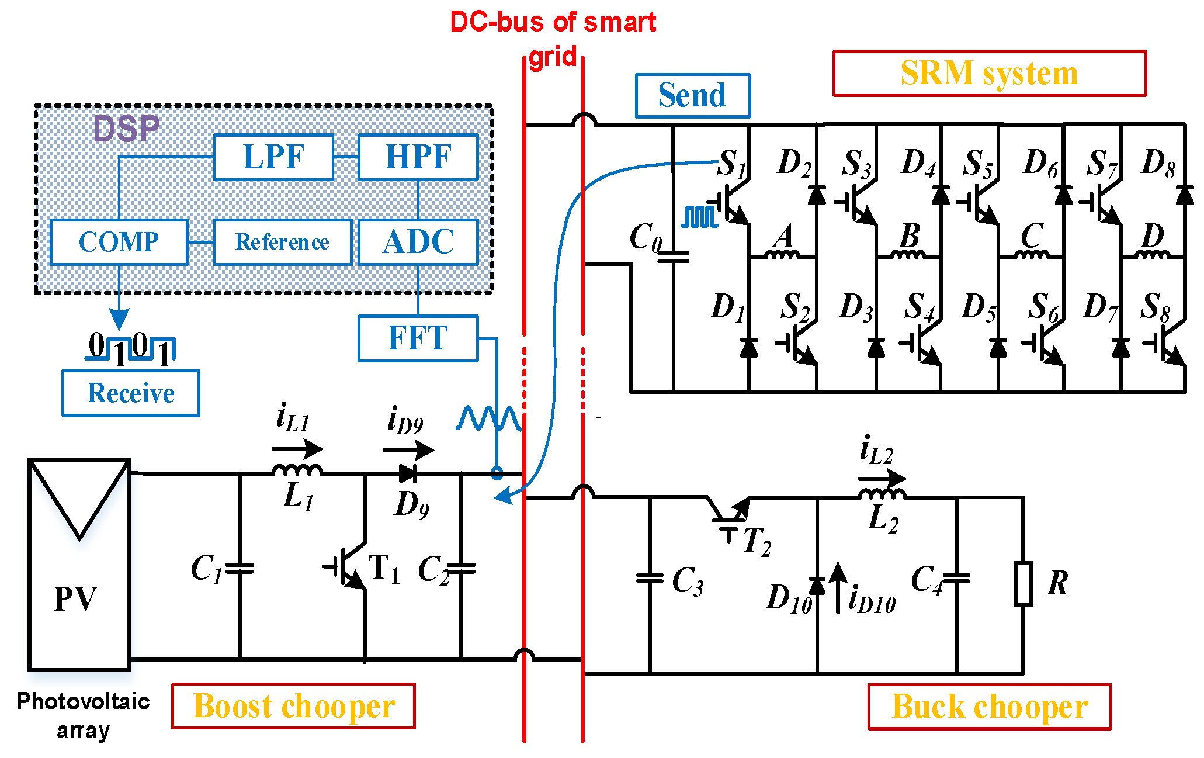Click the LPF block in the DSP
coord(273,157)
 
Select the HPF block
coord(418,157)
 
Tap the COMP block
coord(119,242)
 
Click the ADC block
coord(418,242)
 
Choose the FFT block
coord(418,338)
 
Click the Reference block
coord(283,242)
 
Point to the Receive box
coord(131,393)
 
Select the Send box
coord(692,96)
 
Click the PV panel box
coord(79,565)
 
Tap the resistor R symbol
coord(1023,584)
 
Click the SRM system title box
coord(989,74)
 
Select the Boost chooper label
coord(293,706)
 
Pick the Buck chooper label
coord(989,707)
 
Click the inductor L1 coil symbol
coord(297,470)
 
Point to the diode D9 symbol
coord(408,473)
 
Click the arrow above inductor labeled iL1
coord(297,449)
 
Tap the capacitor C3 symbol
coord(650,578)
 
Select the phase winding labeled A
coord(782,255)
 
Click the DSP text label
coord(126,129)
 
